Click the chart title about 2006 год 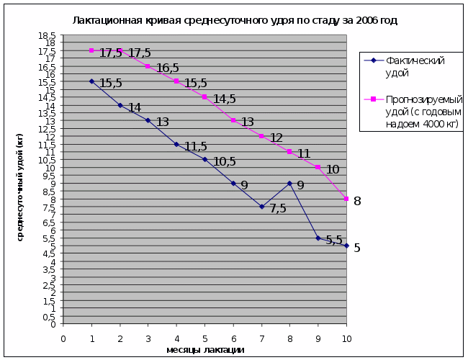pos(235,20)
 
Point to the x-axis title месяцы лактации pos(204,350)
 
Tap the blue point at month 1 pos(91,81)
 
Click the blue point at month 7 pos(261,207)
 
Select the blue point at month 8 pos(289,183)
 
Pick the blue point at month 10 pos(346,246)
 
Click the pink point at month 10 pos(346,199)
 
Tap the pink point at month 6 pos(233,120)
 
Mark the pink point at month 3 pos(148,66)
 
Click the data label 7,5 pos(278,209)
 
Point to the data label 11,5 pos(196,147)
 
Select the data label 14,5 pos(224,99)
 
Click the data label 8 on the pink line pos(357,201)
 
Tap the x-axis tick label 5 pos(204,338)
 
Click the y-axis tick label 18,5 pos(48,35)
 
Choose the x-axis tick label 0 pos(63,338)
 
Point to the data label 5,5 pos(333,240)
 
